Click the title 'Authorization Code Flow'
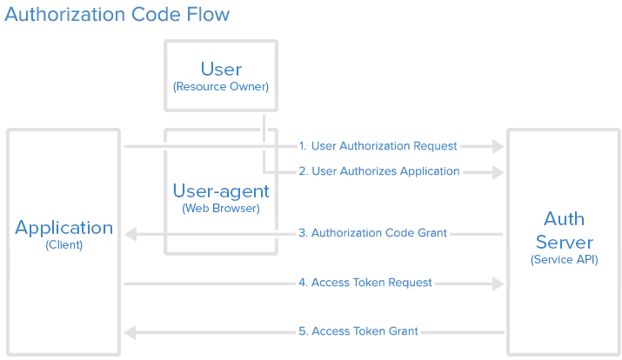coord(117,15)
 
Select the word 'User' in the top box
coord(221,69)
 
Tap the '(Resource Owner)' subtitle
coord(221,87)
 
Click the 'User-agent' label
coord(221,191)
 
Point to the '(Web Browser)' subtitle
coord(221,209)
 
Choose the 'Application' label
coord(64,228)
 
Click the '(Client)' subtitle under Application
coord(64,245)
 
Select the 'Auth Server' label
coord(565,230)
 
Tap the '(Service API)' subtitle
coord(565,259)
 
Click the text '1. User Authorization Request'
coord(378,146)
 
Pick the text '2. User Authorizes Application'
coord(379,171)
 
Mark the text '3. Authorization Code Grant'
coord(372,233)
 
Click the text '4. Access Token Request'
coord(365,283)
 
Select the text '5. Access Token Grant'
coord(358,331)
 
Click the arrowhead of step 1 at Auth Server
coord(498,146)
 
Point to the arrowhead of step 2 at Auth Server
coord(498,172)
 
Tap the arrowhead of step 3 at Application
coord(130,234)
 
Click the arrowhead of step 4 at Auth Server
coord(498,283)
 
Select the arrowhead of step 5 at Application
coord(130,332)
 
